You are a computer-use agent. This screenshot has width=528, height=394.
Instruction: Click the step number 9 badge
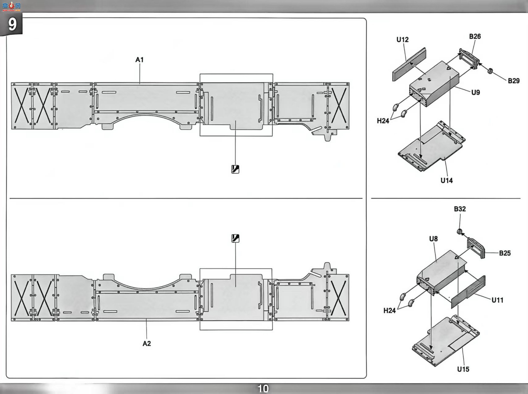12,24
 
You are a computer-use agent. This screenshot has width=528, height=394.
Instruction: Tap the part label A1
139,60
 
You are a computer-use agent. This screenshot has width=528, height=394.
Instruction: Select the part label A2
147,343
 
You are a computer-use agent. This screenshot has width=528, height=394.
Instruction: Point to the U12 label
402,40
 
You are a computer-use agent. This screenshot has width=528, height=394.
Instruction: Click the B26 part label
475,36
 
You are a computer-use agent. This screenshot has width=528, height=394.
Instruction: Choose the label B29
514,81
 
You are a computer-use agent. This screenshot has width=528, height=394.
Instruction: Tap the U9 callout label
476,92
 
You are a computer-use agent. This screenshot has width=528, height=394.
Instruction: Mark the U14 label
446,181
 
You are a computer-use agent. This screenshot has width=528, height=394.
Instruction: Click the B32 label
460,209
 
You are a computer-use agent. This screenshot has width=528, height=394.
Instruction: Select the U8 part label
433,239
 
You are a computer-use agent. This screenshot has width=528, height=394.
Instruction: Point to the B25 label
505,253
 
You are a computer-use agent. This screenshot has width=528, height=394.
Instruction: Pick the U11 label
497,300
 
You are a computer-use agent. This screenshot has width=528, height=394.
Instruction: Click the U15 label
463,369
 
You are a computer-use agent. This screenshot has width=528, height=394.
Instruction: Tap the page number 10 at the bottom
263,388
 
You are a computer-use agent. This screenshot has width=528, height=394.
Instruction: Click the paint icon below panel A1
235,169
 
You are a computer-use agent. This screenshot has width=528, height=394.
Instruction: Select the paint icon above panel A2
235,238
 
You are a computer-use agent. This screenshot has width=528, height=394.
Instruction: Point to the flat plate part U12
409,64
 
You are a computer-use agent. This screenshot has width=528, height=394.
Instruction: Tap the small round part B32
460,232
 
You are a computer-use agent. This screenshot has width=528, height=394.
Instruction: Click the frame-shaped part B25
476,248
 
